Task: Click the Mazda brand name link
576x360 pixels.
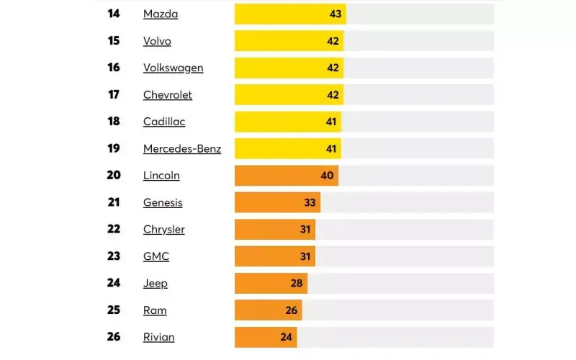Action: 161,14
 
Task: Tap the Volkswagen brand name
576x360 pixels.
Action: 173,68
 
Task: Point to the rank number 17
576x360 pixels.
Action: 114,94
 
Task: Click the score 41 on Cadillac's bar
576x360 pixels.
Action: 331,122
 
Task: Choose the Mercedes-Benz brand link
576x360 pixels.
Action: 182,149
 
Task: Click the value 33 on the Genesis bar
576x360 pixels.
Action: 310,203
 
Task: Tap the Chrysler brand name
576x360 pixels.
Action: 164,230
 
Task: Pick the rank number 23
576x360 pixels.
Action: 114,256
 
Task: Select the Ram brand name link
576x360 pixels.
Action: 155,310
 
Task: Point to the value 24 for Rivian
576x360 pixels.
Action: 287,338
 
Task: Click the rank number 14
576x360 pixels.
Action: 114,14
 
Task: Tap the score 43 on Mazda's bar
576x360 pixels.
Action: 336,14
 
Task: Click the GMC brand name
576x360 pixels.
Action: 156,256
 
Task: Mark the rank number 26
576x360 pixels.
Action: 114,337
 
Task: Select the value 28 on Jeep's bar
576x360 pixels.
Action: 297,284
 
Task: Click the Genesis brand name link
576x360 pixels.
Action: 163,203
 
